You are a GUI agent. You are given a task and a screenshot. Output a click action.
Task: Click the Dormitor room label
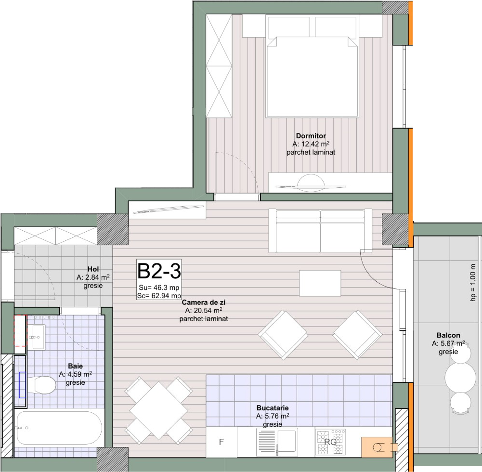[x=311, y=136]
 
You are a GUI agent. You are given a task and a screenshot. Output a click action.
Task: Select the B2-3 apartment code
[x=159, y=271]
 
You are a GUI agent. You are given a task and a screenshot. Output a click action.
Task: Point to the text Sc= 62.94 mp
[x=159, y=296]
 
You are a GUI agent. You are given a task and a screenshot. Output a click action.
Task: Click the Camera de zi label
[x=204, y=302]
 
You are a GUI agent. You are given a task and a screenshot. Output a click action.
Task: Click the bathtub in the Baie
[x=59, y=428]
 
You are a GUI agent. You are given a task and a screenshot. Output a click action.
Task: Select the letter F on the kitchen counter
[x=221, y=442]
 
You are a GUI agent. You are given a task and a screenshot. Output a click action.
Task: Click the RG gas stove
[x=330, y=442]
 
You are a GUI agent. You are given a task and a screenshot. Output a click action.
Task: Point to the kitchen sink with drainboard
[x=277, y=442]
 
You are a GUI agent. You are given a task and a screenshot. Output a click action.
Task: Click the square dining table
[x=158, y=410]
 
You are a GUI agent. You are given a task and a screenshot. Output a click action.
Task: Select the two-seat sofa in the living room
[x=320, y=231]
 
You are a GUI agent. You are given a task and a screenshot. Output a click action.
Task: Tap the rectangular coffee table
[x=320, y=283]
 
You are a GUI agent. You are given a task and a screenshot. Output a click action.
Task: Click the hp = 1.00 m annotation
[x=473, y=283]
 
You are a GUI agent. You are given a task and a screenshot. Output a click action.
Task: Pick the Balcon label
[x=448, y=335]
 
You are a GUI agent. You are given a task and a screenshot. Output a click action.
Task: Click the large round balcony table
[x=460, y=378]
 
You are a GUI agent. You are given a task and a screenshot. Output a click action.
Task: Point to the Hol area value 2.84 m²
[x=93, y=277]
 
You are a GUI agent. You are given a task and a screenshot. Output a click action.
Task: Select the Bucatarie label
[x=273, y=408]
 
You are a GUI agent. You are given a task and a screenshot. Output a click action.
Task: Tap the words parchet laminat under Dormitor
[x=311, y=152]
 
